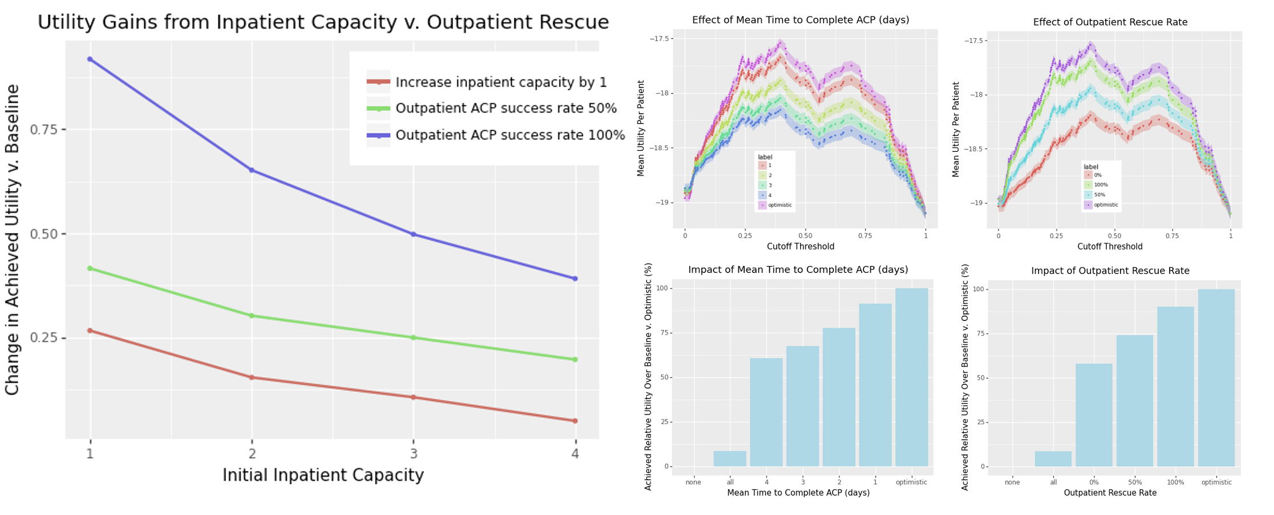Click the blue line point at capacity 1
point(90,59)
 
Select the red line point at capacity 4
point(575,421)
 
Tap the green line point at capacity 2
point(251,316)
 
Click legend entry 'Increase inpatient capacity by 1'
point(501,82)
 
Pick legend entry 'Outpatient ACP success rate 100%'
point(510,135)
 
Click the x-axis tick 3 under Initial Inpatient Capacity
point(413,454)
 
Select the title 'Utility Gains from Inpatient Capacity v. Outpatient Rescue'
point(323,22)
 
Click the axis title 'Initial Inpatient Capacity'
point(323,475)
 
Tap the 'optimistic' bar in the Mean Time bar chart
point(911,377)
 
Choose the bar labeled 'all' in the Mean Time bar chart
point(729,458)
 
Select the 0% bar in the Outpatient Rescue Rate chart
point(1094,415)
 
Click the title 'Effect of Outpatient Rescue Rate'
point(1110,22)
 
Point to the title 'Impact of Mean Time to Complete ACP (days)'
point(798,269)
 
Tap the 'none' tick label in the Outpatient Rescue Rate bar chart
point(1012,482)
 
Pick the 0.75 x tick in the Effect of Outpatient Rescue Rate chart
point(1172,236)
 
